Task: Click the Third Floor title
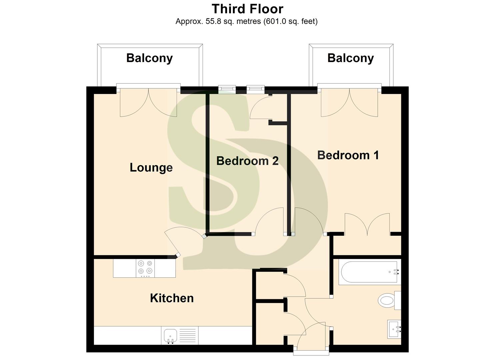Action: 247,9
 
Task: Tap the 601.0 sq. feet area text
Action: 290,22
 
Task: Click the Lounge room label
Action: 151,167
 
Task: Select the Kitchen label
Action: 172,298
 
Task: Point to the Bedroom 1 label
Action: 348,155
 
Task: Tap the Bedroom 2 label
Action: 247,161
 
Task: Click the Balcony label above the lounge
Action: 149,58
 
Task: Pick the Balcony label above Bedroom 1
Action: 350,58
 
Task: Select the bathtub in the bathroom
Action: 368,272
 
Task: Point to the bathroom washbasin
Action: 394,329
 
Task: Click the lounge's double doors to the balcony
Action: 149,102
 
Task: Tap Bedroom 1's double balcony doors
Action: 349,102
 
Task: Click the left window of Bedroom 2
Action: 227,89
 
